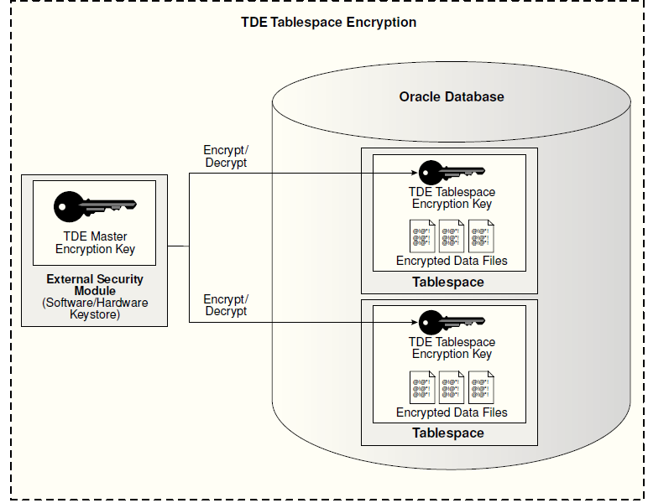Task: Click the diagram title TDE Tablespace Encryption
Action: pos(328,22)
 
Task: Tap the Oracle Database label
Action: pos(452,96)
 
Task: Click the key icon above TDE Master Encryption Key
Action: pos(95,206)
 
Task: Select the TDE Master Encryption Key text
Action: pos(95,242)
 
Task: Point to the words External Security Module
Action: pos(95,285)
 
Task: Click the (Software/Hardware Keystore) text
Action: pos(95,309)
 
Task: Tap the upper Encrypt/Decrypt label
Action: pos(226,157)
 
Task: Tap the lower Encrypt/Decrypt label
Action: pos(226,305)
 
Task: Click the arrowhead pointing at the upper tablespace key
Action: pos(414,173)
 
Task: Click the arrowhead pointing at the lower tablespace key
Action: pos(414,322)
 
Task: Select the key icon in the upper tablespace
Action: pos(452,173)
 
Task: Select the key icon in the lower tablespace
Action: pos(452,322)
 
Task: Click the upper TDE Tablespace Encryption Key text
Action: pos(452,198)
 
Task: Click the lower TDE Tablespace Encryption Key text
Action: pos(452,348)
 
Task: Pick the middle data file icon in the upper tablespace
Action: pos(452,236)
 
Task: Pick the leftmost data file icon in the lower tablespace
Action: pos(422,387)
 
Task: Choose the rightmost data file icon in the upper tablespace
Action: pos(482,236)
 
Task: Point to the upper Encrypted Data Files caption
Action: pos(452,261)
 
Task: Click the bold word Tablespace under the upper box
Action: pos(448,283)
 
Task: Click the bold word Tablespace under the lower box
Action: pos(448,433)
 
